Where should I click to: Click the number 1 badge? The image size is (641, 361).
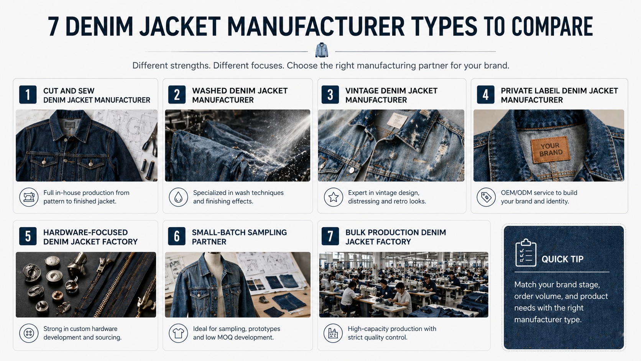coord(28,94)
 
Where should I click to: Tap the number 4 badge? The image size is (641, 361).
coord(486,94)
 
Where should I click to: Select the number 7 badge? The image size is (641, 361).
coord(330,236)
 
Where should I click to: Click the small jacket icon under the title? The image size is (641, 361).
coord(322,50)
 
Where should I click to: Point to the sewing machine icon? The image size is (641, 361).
coord(29,197)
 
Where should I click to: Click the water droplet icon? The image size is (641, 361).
coord(178,197)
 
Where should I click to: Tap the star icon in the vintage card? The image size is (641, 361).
coord(334,197)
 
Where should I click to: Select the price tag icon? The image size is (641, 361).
coord(486,197)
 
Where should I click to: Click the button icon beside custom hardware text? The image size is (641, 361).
coord(29,333)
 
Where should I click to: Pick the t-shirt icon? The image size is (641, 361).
coord(178,333)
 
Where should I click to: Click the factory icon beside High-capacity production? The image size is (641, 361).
coord(333,333)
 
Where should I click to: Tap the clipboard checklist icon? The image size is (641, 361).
coord(526,253)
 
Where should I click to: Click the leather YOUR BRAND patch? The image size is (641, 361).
coord(551,150)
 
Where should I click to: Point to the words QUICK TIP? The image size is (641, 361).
coord(562,259)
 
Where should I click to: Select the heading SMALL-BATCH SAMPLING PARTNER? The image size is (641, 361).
coord(239,237)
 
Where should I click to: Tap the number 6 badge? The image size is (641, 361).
coord(177,236)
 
